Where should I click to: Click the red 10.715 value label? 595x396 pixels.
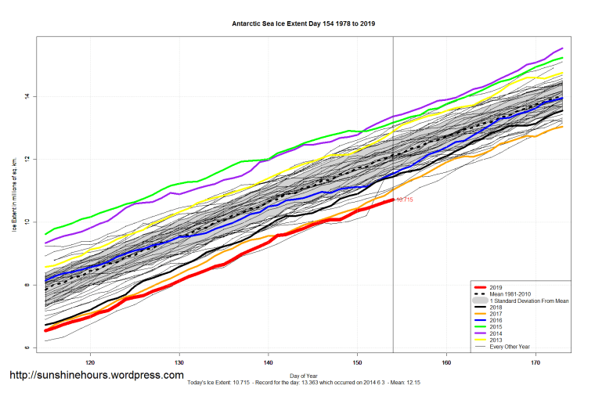(x=404, y=200)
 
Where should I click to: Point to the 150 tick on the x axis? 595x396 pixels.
(x=357, y=362)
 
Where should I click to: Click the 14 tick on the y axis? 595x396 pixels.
(x=25, y=96)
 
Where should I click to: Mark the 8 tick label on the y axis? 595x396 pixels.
(x=25, y=285)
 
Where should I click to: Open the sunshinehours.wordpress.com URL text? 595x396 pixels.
(x=96, y=376)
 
